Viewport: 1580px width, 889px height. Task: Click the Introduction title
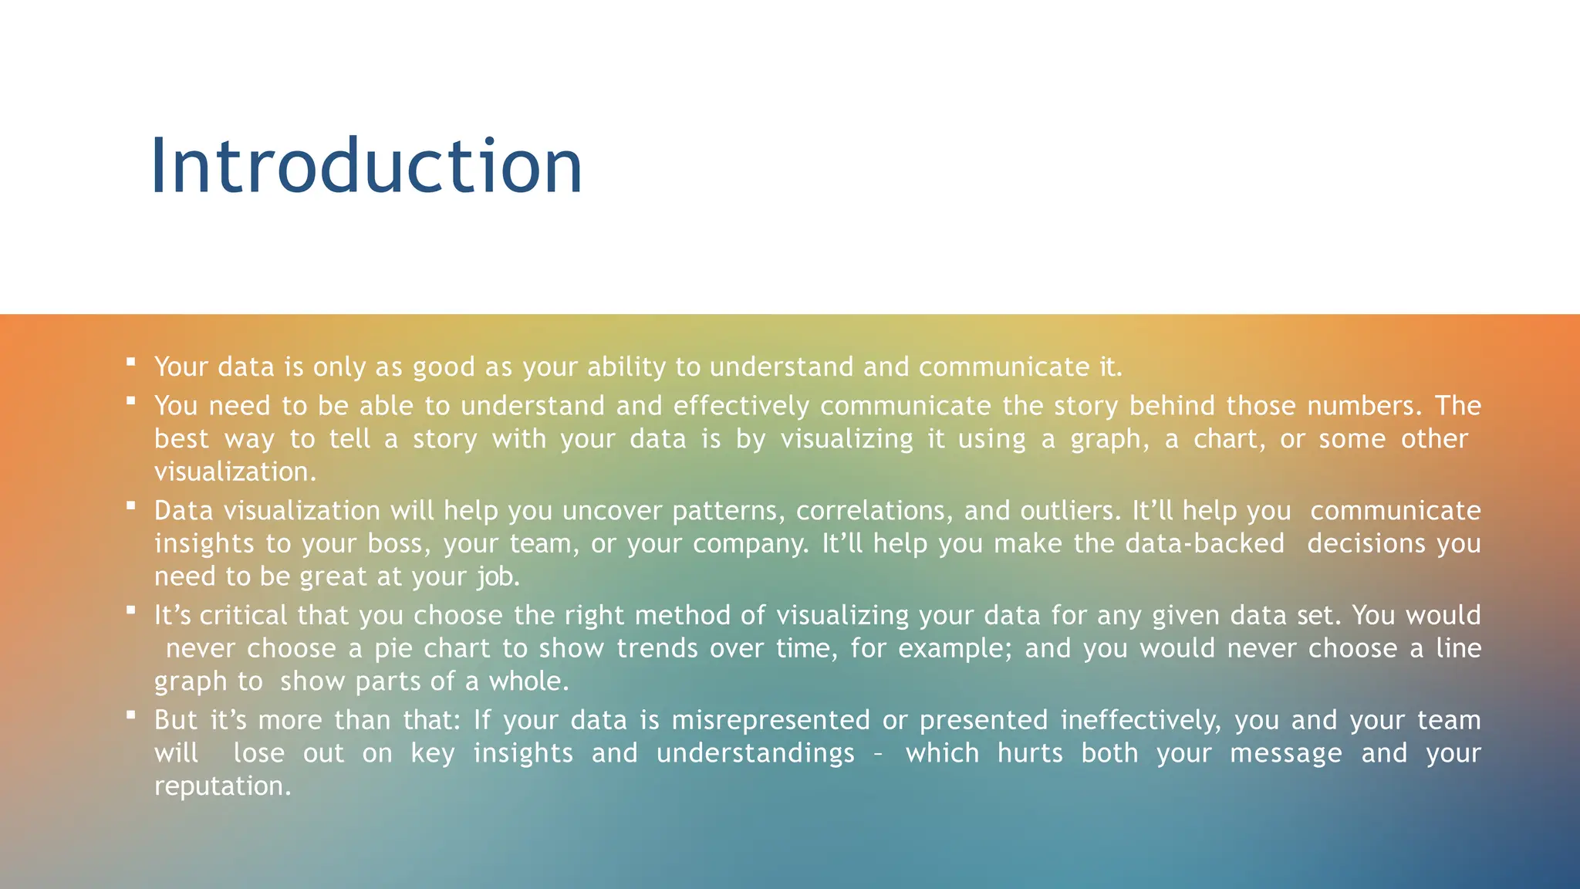tap(366, 166)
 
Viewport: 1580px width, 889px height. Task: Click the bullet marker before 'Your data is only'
tap(131, 361)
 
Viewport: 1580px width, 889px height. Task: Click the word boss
tap(399, 544)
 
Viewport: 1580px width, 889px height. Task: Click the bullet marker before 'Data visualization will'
tap(131, 505)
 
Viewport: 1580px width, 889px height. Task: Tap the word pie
tap(393, 649)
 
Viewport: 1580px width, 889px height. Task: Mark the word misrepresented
tap(771, 721)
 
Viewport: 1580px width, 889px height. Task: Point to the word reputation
tap(222, 786)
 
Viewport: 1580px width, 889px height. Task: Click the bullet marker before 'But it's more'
tap(131, 715)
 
